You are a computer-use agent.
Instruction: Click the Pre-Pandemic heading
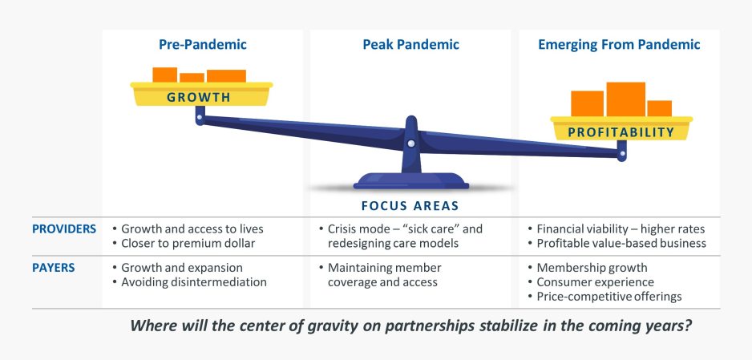click(x=202, y=45)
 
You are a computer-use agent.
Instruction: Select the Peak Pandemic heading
click(x=410, y=45)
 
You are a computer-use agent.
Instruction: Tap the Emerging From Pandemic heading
click(x=618, y=45)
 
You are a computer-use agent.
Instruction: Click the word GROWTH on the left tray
click(x=199, y=98)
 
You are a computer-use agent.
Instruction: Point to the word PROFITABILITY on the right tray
click(x=621, y=132)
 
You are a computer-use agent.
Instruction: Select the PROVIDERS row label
click(x=64, y=229)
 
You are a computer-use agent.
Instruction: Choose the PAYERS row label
click(x=54, y=267)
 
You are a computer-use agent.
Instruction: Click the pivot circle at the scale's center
click(x=411, y=144)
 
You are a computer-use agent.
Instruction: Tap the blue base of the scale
click(x=410, y=180)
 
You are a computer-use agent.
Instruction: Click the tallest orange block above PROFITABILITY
click(x=625, y=99)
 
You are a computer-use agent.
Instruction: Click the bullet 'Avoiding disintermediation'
click(x=193, y=282)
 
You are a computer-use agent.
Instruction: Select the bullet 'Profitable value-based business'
click(x=621, y=243)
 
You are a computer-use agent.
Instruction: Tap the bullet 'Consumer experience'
click(x=595, y=282)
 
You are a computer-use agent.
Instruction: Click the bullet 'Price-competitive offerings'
click(x=609, y=297)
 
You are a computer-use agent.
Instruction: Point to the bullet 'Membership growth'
click(x=592, y=268)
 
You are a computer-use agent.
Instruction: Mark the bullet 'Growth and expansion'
click(x=182, y=268)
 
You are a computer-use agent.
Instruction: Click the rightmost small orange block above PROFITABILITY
click(x=659, y=108)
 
